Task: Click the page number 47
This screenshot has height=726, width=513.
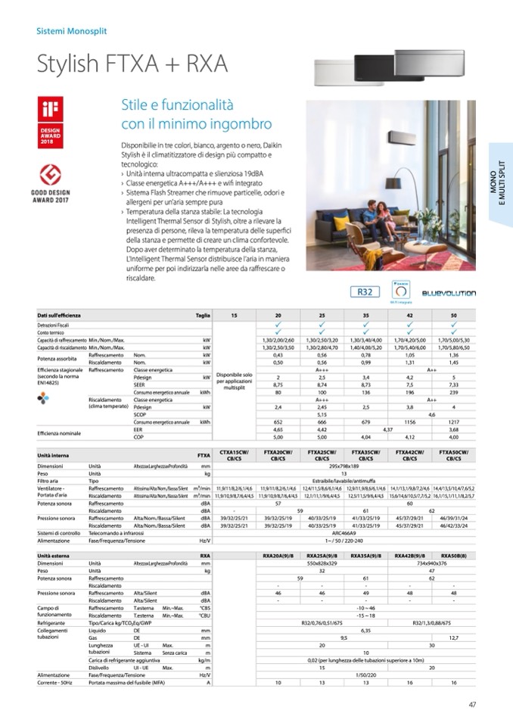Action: pos(471,705)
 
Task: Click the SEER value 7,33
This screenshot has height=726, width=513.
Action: pos(452,385)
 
